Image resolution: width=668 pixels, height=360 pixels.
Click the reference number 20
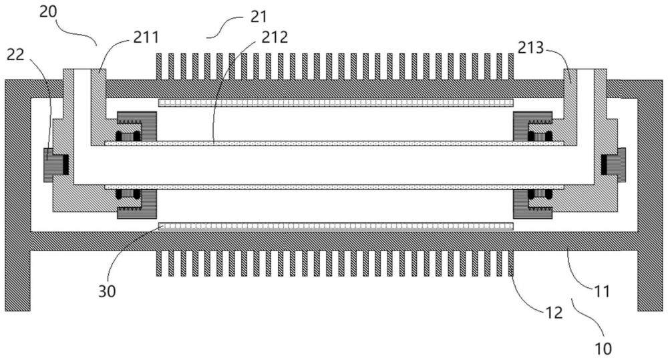pos(47,12)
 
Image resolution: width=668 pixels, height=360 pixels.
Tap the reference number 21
pos(258,17)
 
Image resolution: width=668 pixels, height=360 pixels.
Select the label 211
pos(146,37)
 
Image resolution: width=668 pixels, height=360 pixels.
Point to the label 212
pos(275,37)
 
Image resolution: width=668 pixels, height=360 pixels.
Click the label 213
pos(531,47)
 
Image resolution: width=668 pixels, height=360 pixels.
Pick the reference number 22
pos(15,54)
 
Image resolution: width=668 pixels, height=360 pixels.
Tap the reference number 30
pos(107,291)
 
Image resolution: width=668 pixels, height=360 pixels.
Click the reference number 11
pos(603,291)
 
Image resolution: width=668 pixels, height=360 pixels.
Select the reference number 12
pos(554,313)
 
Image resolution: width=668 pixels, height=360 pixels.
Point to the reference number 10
pos(603,349)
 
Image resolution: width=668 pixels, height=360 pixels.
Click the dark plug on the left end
pos(55,165)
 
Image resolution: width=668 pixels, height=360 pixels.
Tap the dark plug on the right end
pos(613,165)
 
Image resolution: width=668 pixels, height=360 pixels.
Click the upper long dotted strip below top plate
pos(336,103)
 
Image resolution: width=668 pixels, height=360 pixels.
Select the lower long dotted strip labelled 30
pos(336,226)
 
